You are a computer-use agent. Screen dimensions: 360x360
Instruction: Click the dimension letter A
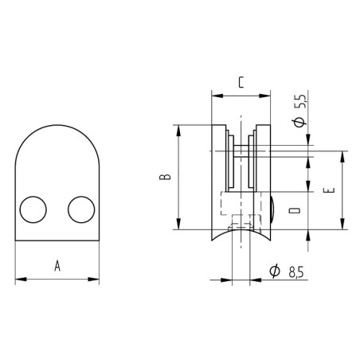tap(57, 266)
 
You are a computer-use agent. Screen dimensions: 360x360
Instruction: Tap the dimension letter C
tap(241, 80)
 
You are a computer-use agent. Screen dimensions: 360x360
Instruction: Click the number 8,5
tap(295, 273)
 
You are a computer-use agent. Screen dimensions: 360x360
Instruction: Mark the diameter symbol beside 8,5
tap(275, 273)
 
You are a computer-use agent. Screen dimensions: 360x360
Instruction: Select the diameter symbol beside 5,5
tap(299, 121)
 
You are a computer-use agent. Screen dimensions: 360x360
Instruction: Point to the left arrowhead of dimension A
tap(19, 279)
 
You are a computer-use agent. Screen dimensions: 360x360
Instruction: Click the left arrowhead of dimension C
tap(214, 93)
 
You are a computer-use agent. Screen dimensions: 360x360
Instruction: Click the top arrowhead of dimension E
tap(343, 155)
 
